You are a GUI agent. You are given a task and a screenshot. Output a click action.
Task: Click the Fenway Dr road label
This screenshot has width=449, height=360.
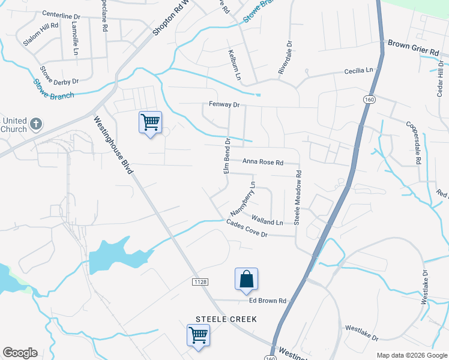coord(224,105)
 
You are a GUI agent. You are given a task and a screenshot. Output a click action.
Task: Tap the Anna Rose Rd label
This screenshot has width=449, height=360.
coord(262,161)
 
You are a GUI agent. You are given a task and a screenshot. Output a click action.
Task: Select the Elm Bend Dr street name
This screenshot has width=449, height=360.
coord(227,157)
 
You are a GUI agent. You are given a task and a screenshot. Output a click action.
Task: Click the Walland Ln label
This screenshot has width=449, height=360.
coord(267,221)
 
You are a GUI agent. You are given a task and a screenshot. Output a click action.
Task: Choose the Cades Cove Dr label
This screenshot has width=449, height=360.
coord(247,229)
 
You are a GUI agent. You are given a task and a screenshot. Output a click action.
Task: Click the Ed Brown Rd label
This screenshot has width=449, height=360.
coord(266,301)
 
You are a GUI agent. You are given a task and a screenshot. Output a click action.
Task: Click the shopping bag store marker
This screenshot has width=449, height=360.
coord(246,279)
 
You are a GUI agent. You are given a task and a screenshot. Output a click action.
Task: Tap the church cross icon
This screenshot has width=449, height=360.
coord(35,124)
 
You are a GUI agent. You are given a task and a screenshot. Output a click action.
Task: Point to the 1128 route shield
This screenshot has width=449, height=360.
coord(200,282)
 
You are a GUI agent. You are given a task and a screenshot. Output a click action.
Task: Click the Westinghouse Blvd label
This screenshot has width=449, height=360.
coord(113,145)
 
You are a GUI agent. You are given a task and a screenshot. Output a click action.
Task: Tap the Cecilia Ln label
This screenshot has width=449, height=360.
coord(358,71)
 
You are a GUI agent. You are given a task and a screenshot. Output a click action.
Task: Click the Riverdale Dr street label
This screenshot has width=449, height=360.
coord(285,58)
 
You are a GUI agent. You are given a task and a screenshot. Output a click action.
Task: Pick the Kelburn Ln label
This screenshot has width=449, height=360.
coord(234,65)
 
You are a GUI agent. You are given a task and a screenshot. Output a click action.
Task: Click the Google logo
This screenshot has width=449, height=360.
coord(20,353)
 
